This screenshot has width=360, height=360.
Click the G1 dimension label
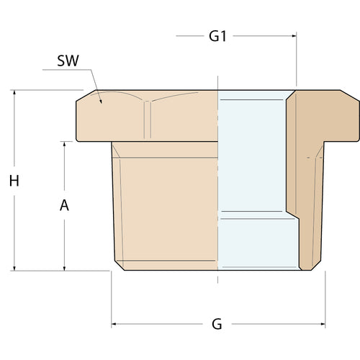click(x=217, y=36)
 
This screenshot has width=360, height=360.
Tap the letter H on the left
click(x=14, y=181)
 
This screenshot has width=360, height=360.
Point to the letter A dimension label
click(x=64, y=205)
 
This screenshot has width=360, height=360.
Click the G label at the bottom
click(x=217, y=324)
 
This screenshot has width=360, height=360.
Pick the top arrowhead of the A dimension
click(x=64, y=144)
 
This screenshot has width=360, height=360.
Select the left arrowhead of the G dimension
click(x=114, y=324)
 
